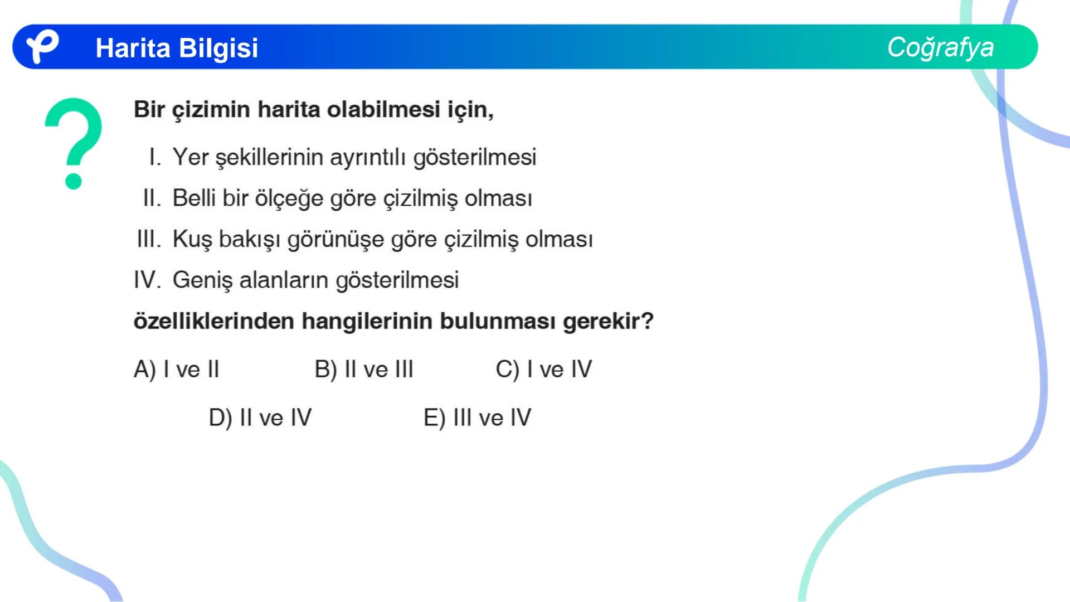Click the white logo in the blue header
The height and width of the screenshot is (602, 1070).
[42, 46]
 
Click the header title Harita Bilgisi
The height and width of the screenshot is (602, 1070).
[177, 48]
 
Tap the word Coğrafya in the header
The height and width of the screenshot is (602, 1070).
[940, 47]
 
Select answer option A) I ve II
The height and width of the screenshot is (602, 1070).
[176, 370]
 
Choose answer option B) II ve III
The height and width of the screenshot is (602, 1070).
[364, 370]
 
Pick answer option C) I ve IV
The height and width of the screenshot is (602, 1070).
[543, 370]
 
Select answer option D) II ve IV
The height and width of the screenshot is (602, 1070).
[260, 417]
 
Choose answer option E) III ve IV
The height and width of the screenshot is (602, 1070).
[477, 417]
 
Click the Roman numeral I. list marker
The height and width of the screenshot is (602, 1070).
[155, 157]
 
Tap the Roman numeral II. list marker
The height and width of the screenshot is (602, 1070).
[152, 198]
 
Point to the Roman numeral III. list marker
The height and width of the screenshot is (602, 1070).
[149, 239]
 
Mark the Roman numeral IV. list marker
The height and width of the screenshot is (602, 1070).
[147, 280]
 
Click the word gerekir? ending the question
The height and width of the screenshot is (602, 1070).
[608, 322]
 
